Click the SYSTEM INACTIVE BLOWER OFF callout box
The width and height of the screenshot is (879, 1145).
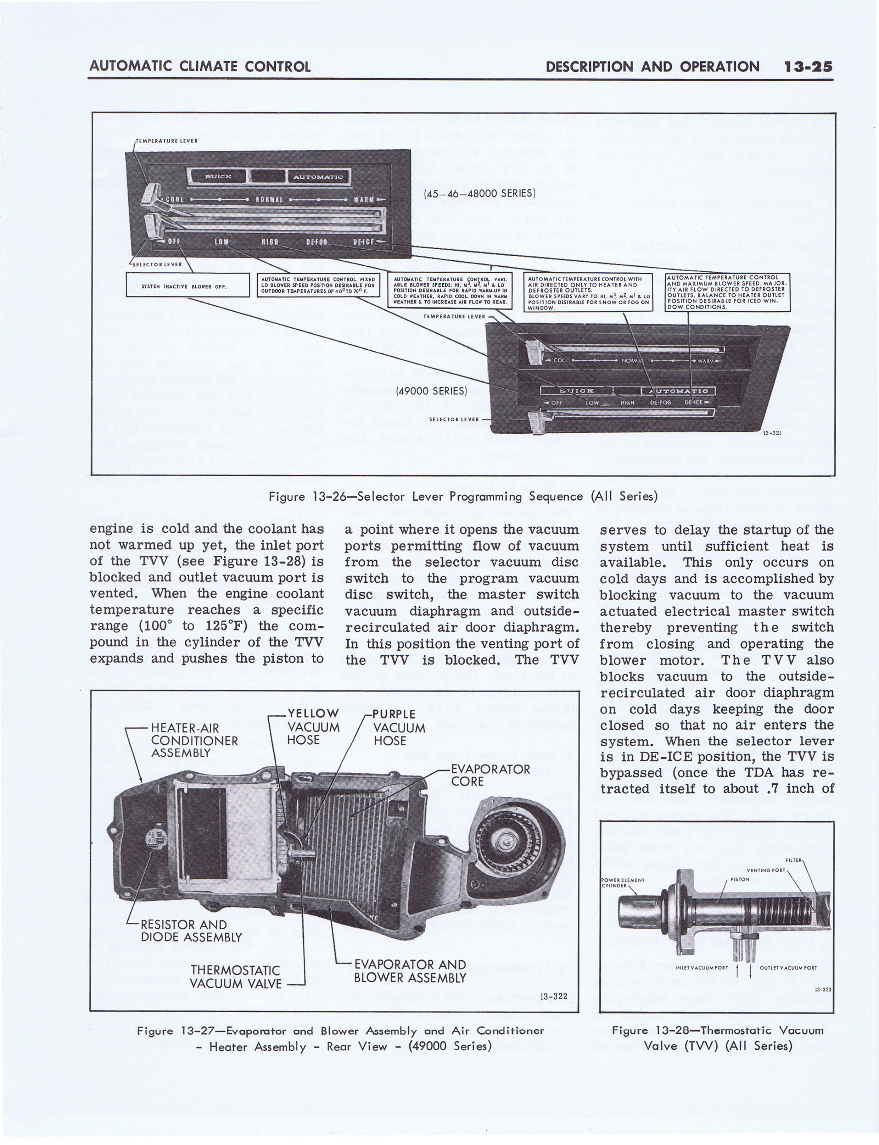pyautogui.click(x=187, y=286)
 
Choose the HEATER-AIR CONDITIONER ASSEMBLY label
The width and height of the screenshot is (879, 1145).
pyautogui.click(x=194, y=740)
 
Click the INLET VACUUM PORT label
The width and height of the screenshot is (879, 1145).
pyautogui.click(x=702, y=968)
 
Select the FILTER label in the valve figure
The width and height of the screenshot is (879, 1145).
pyautogui.click(x=793, y=860)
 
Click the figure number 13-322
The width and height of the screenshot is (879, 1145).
pyautogui.click(x=554, y=996)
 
